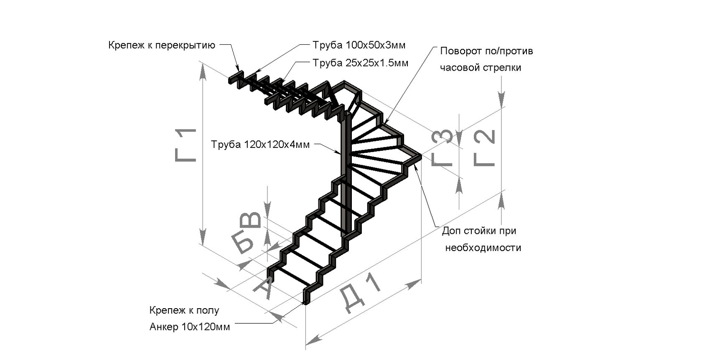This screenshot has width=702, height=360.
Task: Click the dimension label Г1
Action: point(186,145)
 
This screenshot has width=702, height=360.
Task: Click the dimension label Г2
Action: point(485,148)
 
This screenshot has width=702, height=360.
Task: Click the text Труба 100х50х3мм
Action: point(359,45)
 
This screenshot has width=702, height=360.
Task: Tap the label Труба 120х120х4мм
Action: point(260,145)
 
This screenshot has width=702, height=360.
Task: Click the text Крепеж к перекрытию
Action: point(162,45)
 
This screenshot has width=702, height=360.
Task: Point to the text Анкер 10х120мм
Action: point(189,327)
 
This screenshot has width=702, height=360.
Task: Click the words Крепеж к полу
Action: point(184,310)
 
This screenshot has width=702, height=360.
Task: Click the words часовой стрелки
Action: point(481,68)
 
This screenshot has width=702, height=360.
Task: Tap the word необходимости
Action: point(483,248)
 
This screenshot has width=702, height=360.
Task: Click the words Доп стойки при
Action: point(479,231)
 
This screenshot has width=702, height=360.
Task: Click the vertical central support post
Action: point(346,175)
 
